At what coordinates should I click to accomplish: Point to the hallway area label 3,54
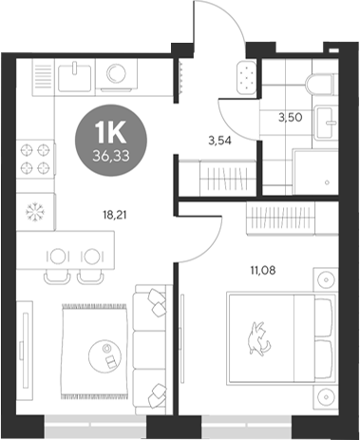(220, 143)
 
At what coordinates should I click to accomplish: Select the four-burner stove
(35, 159)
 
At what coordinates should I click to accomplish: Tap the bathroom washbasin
(326, 121)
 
